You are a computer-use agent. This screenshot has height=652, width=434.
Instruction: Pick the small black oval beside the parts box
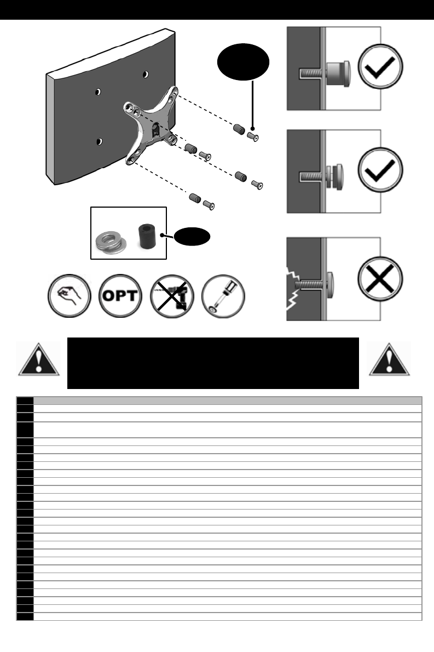coord(193,236)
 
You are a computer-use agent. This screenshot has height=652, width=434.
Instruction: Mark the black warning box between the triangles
coord(212,363)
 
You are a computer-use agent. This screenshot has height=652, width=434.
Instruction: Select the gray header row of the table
coord(227,400)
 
